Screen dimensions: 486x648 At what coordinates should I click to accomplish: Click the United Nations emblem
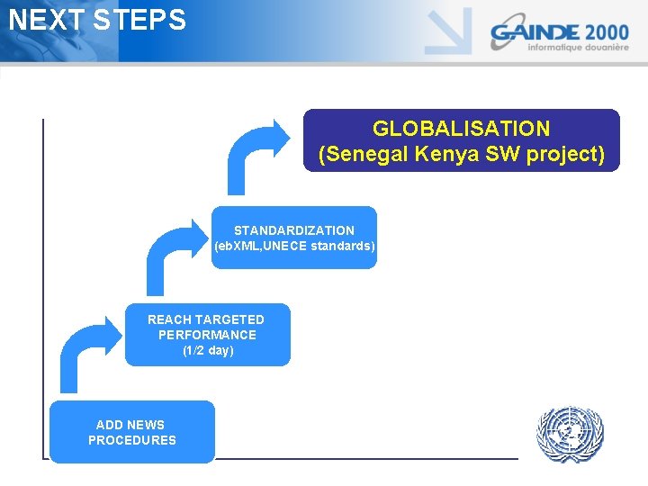tap(569, 435)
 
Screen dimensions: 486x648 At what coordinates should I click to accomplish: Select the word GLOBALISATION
tap(461, 129)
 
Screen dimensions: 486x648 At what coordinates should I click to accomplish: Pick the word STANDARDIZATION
tap(294, 230)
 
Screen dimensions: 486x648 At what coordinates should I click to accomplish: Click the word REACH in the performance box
tap(168, 319)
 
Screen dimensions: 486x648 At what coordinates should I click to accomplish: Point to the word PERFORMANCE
tap(207, 335)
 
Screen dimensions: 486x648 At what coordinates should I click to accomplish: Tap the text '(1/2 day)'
tap(207, 350)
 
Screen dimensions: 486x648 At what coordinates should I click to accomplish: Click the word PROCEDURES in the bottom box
tap(132, 440)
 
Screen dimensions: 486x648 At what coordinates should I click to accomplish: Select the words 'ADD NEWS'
tap(130, 425)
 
